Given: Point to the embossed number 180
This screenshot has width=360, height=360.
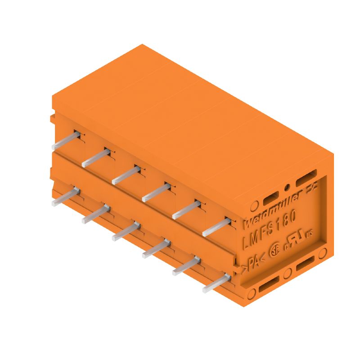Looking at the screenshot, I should (288, 219).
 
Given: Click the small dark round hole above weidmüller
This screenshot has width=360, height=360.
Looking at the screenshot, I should (287, 187).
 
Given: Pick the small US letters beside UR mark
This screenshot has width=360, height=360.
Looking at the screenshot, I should (309, 233).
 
